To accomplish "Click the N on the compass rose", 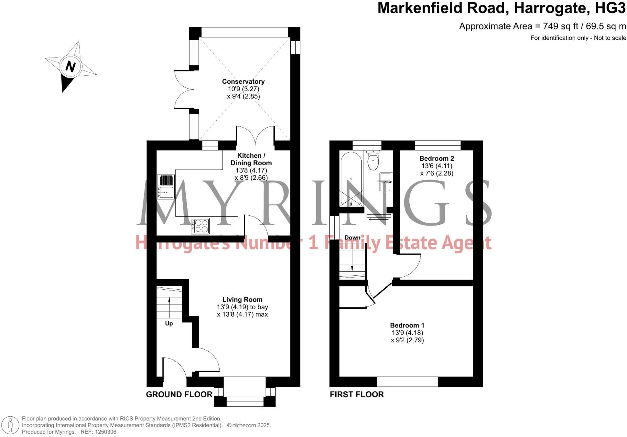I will (70, 66).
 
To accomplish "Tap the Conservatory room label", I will (243, 81).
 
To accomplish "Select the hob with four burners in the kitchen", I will (200, 226).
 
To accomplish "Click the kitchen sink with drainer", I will (166, 187).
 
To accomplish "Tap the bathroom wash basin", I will (386, 182).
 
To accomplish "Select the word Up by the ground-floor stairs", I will (169, 323).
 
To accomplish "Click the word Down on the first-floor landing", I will (352, 238).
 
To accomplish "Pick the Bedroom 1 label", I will (407, 325).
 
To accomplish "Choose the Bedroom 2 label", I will (437, 158).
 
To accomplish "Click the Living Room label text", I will (242, 300).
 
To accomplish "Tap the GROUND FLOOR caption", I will (179, 394).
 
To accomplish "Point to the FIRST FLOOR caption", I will (357, 394).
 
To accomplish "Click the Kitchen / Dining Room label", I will (251, 159).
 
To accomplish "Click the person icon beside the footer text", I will (10, 425).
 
